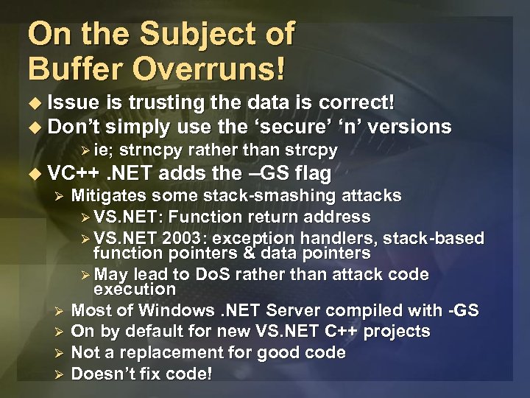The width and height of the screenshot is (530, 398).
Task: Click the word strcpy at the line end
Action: (x=308, y=151)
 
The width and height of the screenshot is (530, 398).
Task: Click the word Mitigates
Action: (x=108, y=195)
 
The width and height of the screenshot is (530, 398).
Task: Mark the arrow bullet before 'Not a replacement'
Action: (x=62, y=353)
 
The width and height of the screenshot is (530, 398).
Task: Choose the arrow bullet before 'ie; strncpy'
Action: (x=86, y=151)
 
